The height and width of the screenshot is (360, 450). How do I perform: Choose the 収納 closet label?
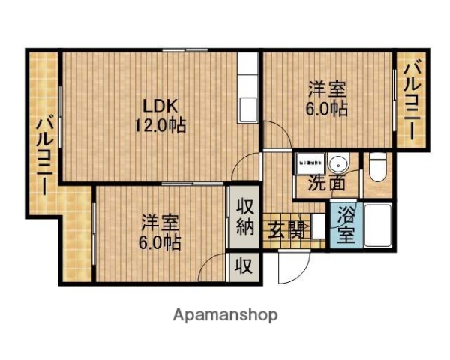pos(245,217)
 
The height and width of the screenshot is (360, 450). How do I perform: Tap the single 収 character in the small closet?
pos(245,265)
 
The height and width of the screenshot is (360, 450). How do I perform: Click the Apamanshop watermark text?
pos(225,314)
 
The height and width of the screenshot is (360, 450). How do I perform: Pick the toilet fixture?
pos(377,167)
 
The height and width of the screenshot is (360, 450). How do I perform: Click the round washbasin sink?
pos(338,163)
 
